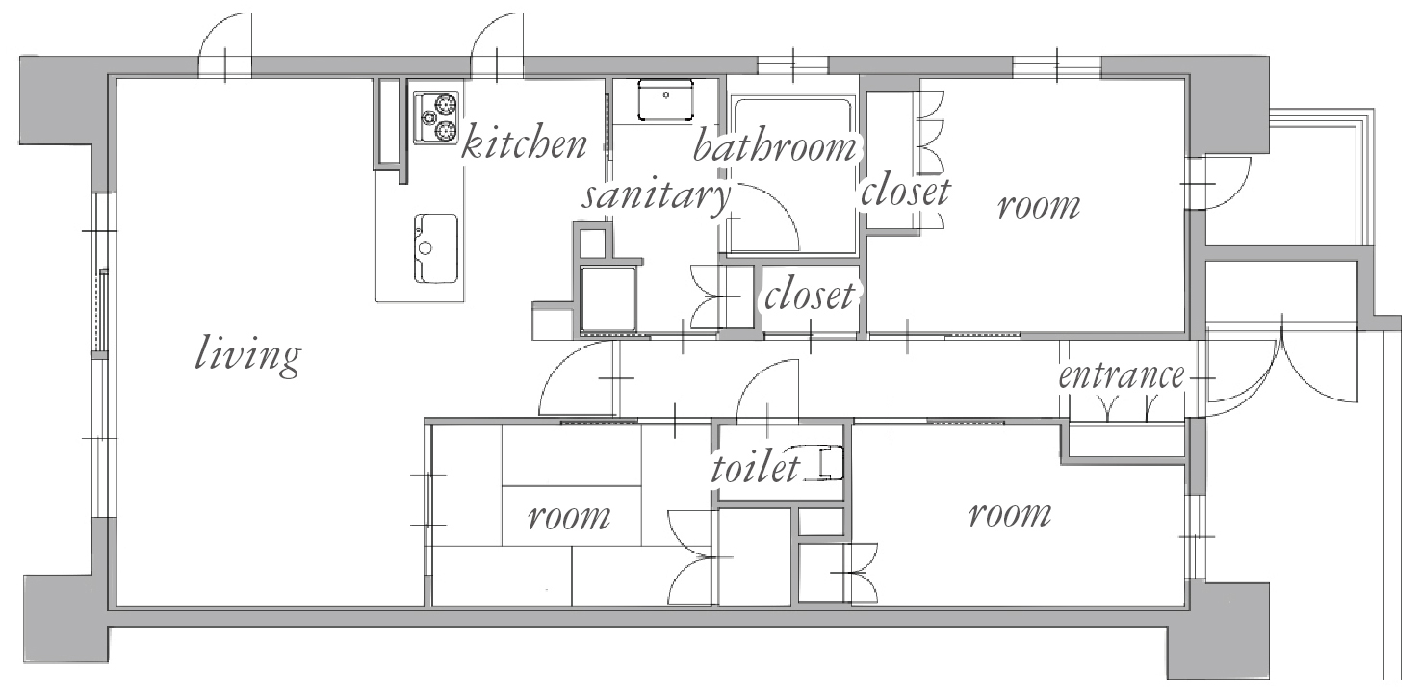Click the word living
pyautogui.click(x=247, y=356)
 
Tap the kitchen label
pyautogui.click(x=524, y=142)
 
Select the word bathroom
pyautogui.click(x=775, y=146)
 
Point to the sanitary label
pyautogui.click(x=656, y=197)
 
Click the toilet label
pyautogui.click(x=756, y=468)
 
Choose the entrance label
pyautogui.click(x=1122, y=375)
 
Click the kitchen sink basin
pyautogui.click(x=436, y=248)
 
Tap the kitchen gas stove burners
pyautogui.click(x=436, y=118)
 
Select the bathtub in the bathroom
pyautogui.click(x=791, y=174)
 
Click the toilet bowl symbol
pyautogui.click(x=830, y=463)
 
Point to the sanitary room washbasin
pyautogui.click(x=665, y=99)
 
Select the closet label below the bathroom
pyautogui.click(x=810, y=296)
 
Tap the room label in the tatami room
pyautogui.click(x=569, y=517)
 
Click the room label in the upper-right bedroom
pyautogui.click(x=1039, y=207)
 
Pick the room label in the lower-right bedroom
pyautogui.click(x=1010, y=514)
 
